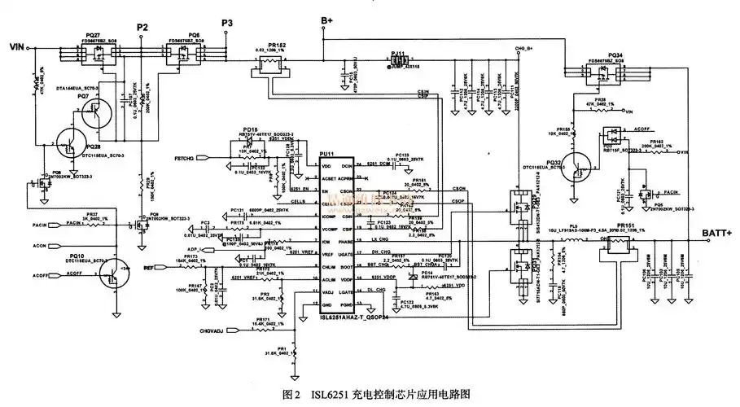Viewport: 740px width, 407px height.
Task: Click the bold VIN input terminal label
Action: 17,48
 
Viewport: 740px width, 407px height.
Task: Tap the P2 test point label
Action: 142,28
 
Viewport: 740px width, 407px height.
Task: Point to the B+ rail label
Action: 326,20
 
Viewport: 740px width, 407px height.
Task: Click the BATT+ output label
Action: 716,234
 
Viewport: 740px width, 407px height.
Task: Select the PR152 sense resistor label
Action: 276,45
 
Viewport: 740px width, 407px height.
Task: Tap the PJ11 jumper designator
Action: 397,52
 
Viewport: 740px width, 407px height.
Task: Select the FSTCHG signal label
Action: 186,156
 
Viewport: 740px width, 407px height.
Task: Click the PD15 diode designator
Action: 250,129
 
